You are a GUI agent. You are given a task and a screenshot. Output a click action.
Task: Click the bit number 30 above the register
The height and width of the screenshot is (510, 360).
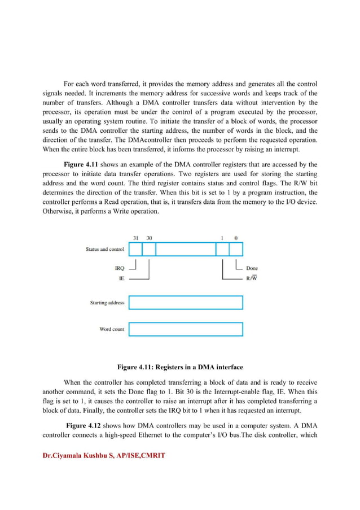coord(149,238)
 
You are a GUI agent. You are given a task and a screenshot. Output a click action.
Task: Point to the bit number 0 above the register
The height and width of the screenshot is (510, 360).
coord(236,238)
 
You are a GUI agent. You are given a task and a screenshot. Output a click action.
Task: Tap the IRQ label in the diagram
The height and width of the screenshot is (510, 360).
coord(119,269)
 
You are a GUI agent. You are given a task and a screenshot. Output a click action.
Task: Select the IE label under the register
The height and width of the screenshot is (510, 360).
coord(121,279)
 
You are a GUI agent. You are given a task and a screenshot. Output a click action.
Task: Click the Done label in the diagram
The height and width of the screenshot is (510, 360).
coord(252,269)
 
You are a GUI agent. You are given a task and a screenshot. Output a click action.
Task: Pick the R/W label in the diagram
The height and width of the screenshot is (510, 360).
coord(251,279)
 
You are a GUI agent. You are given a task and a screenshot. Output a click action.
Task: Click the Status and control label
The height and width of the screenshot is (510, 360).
coord(105,249)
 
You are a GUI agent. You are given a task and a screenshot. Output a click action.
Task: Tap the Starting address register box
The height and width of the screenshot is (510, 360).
coord(186,303)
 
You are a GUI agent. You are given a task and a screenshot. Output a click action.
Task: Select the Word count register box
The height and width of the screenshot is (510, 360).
coord(186,329)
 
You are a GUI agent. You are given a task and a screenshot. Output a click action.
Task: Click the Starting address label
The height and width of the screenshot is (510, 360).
coord(107,303)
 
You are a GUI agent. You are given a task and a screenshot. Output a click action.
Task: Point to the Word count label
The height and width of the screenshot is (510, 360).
coord(112,329)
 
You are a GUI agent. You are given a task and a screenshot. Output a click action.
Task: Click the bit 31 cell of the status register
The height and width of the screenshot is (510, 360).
coord(135,249)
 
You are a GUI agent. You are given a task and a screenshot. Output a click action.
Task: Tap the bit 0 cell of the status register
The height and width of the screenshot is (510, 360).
coord(236,249)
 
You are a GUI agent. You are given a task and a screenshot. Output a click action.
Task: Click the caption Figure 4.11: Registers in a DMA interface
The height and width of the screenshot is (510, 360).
coord(180,366)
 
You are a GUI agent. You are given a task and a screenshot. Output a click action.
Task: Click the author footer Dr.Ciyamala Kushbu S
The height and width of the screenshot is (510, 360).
coord(104,455)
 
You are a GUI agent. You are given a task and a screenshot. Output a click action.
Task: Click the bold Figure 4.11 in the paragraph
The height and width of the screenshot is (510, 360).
coord(84,164)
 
